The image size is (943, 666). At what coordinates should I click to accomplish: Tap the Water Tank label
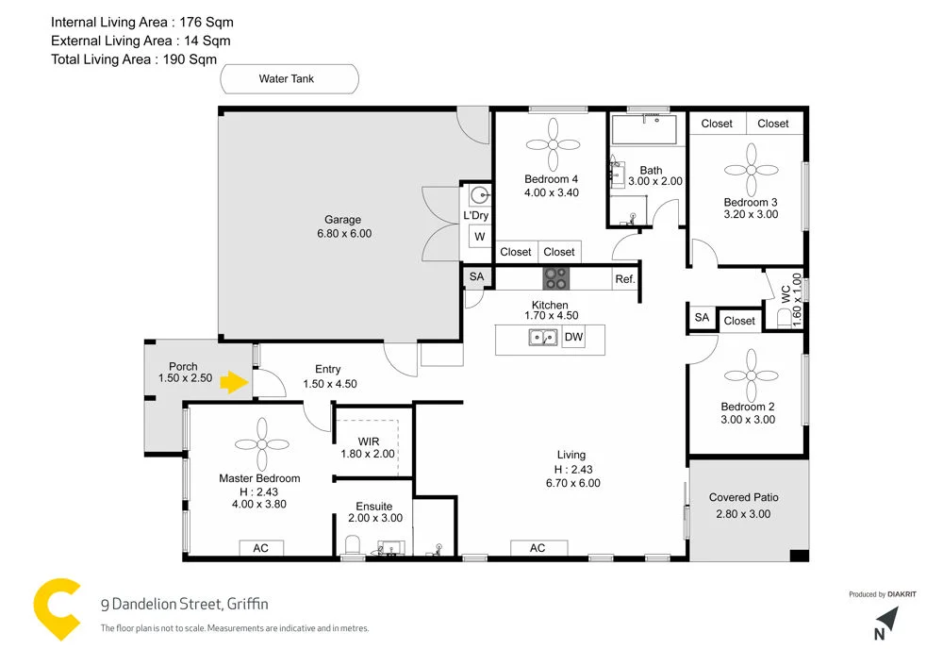tap(287, 79)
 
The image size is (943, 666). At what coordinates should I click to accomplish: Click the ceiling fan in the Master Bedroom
tap(261, 444)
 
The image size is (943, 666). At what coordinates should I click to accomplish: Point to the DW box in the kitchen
tap(573, 337)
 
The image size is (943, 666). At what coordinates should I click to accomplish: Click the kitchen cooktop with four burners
tap(555, 278)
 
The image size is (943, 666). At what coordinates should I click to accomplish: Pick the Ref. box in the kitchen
tap(625, 279)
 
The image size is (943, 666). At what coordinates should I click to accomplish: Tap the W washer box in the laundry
tap(479, 237)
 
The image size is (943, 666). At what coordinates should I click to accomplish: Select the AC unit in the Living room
tap(538, 548)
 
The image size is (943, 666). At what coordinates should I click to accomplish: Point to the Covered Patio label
tap(744, 497)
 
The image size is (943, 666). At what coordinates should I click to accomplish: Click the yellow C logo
tap(59, 610)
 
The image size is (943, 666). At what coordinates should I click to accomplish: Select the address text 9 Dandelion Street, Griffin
tap(185, 605)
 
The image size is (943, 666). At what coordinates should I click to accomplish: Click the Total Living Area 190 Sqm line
tap(134, 59)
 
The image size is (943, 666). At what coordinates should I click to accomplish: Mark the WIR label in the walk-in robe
tap(368, 441)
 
